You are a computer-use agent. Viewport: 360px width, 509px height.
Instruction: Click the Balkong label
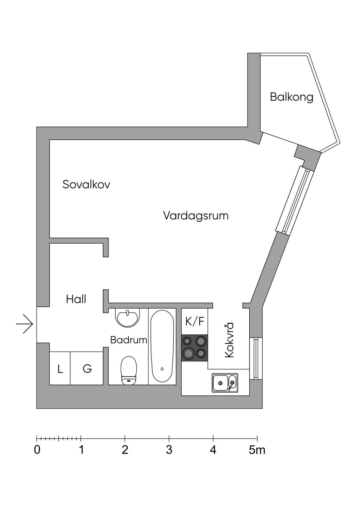(x=291, y=97)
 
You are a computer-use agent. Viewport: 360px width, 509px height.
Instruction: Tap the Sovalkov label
(x=86, y=184)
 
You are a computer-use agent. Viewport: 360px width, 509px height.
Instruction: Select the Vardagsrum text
(x=196, y=215)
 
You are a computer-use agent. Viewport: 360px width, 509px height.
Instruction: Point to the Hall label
(x=76, y=299)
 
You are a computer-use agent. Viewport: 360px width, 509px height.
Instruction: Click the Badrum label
(x=128, y=340)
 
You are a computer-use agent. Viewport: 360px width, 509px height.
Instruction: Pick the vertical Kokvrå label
(x=229, y=340)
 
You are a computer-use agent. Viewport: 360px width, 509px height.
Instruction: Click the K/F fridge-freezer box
(x=194, y=321)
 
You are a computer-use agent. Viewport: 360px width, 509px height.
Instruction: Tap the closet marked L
(x=60, y=369)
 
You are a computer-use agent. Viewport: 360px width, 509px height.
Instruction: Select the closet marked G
(x=87, y=369)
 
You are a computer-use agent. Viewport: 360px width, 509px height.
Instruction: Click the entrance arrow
(x=25, y=323)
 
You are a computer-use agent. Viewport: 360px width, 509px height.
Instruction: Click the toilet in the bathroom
(x=129, y=371)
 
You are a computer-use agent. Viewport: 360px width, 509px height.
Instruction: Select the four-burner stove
(x=194, y=347)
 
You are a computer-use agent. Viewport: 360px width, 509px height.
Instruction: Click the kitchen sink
(x=225, y=383)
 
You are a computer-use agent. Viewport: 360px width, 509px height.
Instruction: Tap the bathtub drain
(x=162, y=369)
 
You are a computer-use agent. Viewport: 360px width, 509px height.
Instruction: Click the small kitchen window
(x=256, y=359)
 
